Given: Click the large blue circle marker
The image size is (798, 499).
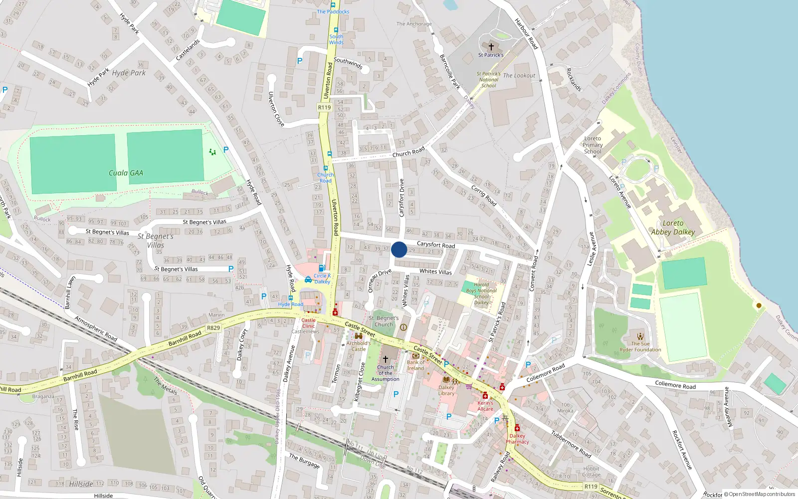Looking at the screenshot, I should [x=399, y=249].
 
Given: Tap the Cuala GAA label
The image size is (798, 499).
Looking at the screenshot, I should [x=126, y=173].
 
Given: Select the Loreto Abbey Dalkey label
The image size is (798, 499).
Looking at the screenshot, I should [x=673, y=228].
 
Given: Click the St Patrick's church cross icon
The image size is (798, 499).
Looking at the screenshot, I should [x=491, y=47].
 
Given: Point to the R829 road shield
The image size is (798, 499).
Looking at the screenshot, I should [x=213, y=328].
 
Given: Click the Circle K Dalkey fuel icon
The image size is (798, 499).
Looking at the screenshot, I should [x=322, y=268].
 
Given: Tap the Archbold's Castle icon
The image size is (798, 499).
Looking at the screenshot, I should [x=358, y=336].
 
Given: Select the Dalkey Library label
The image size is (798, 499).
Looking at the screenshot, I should [x=446, y=390].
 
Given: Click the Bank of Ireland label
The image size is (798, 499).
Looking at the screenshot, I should [x=415, y=365].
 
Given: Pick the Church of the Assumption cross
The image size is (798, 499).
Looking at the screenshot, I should [x=385, y=359].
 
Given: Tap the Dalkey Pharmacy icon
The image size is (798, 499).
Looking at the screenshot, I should [x=517, y=428].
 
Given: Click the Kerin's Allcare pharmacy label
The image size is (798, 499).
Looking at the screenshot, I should [x=485, y=406].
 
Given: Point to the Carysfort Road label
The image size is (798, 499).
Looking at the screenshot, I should [x=435, y=245].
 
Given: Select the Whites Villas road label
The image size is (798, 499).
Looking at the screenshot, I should [x=435, y=272].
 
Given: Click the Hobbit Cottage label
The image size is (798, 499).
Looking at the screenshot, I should [x=591, y=472].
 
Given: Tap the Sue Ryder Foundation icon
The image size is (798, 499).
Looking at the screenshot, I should [x=640, y=336].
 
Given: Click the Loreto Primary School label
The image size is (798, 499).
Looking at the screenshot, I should [x=593, y=145].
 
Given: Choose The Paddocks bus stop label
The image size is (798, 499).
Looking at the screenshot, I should [x=333, y=11].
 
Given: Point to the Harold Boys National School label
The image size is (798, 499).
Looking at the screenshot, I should [x=481, y=293].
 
